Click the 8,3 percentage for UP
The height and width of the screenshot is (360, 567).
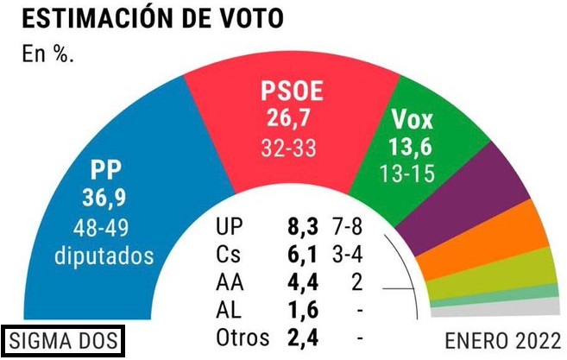pos(302,227)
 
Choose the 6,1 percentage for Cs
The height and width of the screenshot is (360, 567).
pos(302,255)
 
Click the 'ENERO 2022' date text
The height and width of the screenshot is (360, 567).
pos(502,339)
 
